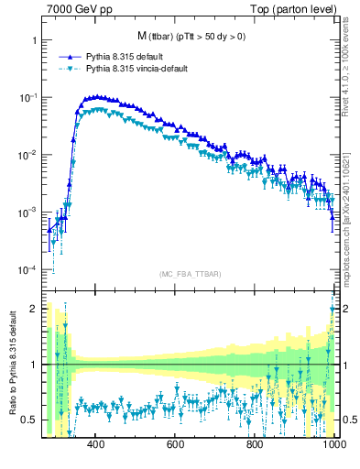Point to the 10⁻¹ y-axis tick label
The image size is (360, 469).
29,97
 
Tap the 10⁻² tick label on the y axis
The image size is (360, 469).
29,155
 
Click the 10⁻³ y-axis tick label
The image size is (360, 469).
29,213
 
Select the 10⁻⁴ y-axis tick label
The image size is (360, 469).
29,270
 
